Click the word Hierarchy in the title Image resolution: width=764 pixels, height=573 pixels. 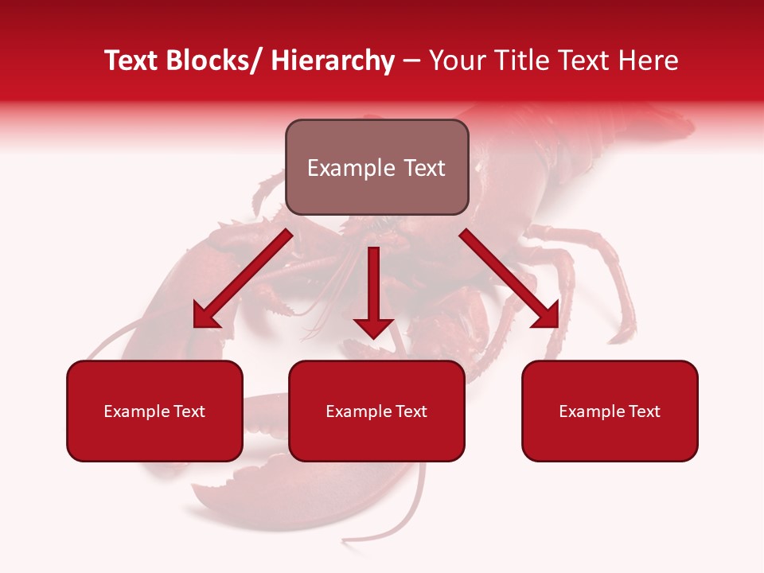[x=333, y=60]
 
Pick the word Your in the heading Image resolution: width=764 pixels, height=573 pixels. [x=455, y=60]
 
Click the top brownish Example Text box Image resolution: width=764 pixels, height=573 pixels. [x=376, y=167]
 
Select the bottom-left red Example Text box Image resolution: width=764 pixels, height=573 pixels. [x=154, y=411]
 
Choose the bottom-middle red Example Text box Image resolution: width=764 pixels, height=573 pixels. [x=376, y=411]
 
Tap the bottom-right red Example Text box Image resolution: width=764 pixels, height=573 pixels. [x=610, y=411]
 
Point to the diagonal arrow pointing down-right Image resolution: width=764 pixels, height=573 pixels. [x=509, y=279]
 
